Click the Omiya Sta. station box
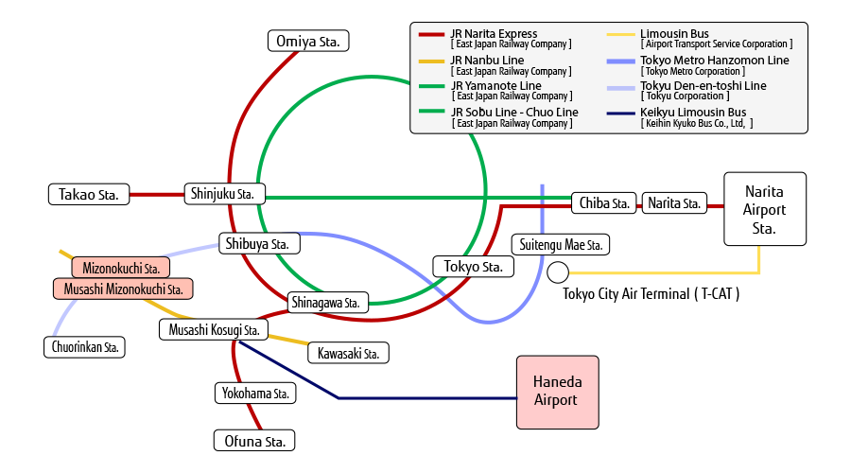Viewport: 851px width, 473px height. click(308, 42)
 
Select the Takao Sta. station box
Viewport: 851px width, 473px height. click(89, 195)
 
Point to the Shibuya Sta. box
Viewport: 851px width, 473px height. click(259, 243)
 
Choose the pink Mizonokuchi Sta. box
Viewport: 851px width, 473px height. click(120, 268)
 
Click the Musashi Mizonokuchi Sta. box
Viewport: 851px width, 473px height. click(123, 289)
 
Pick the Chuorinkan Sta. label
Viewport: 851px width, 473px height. click(85, 347)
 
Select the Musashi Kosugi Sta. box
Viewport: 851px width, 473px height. click(214, 329)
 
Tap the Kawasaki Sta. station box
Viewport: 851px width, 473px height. click(348, 353)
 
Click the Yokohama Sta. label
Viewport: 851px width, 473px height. click(255, 394)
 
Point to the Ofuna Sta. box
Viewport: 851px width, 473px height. click(254, 441)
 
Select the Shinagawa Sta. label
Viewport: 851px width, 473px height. click(328, 303)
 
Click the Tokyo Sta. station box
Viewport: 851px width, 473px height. click(474, 267)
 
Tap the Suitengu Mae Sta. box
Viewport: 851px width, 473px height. click(561, 244)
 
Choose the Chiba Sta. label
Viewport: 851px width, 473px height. click(604, 203)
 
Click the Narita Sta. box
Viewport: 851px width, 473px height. click(674, 203)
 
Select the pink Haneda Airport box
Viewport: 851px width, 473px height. click(558, 393)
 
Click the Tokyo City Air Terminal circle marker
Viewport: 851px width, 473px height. click(558, 272)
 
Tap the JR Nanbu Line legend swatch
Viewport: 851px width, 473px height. click(431, 61)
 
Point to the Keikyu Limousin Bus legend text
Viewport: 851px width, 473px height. click(693, 112)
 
